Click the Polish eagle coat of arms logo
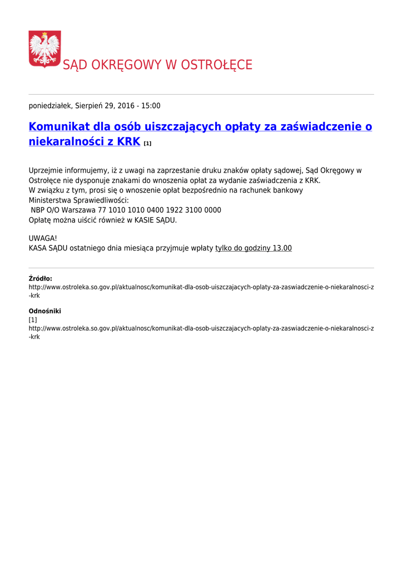coord(44,49)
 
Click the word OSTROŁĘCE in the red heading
coord(219,65)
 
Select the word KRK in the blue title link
coord(128,142)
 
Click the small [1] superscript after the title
coord(147,144)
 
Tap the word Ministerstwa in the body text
coord(50,200)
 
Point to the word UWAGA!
coord(43,238)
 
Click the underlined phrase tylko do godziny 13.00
coord(253,248)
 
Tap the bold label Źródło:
coord(41,279)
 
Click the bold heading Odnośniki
coord(45,311)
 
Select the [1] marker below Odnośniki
coord(33,320)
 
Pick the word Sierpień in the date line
coord(89,106)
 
